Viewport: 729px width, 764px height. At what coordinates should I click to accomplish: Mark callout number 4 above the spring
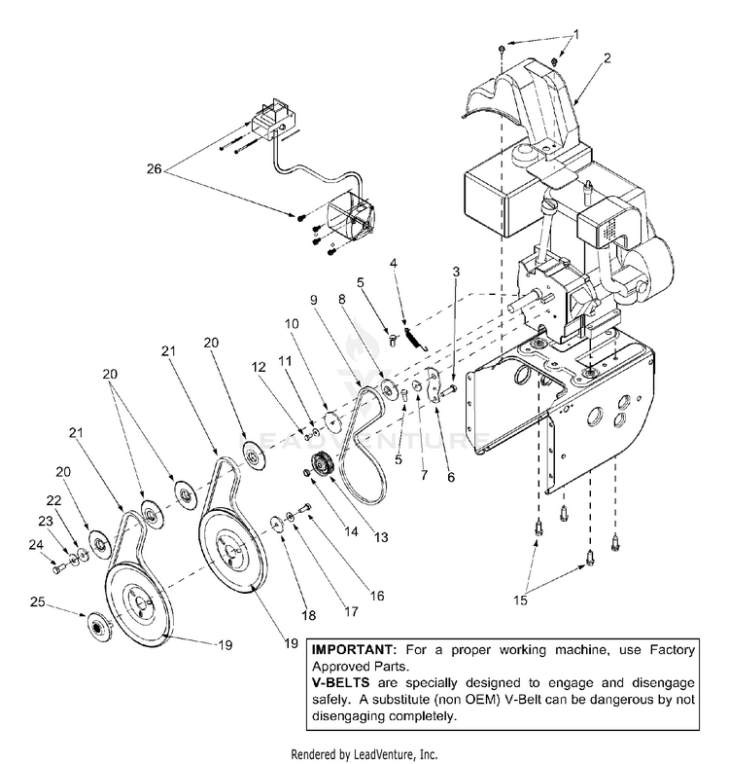[x=394, y=263]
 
